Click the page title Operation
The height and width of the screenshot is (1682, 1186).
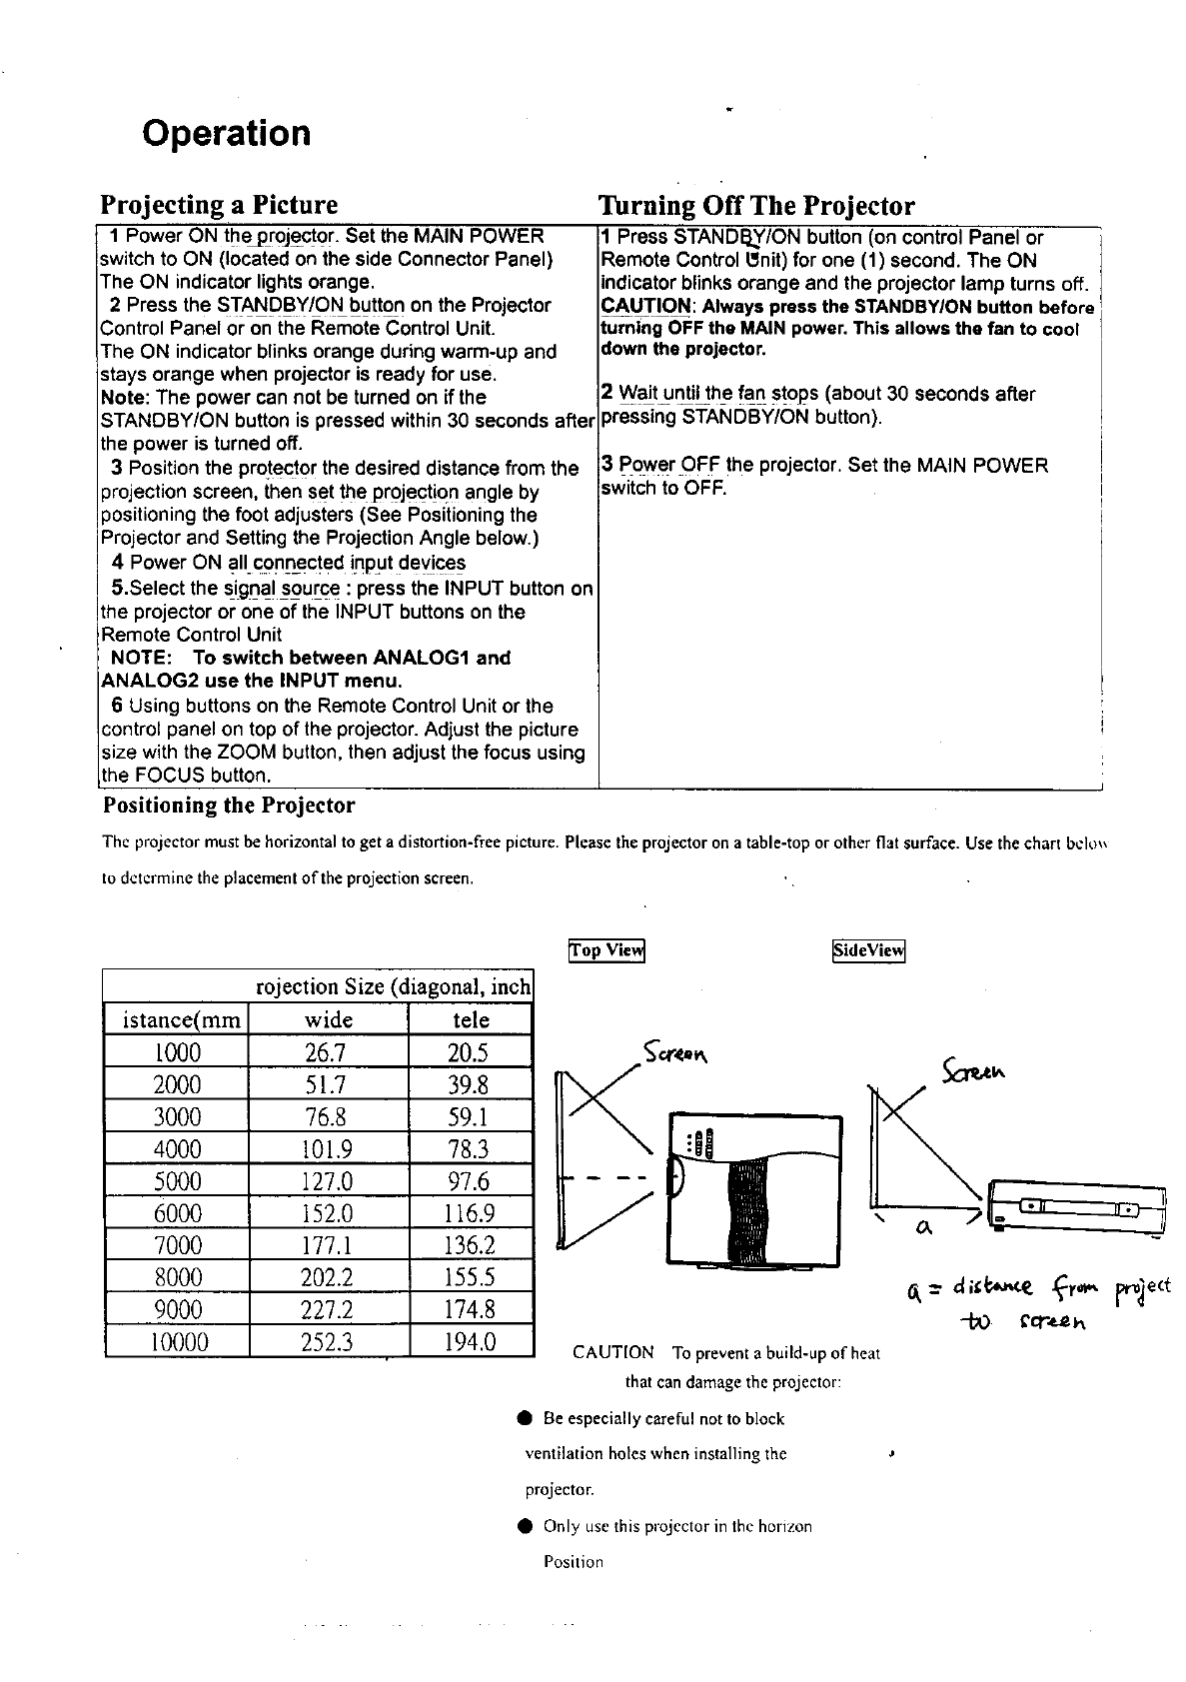point(226,133)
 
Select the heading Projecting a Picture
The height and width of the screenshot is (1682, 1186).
point(219,205)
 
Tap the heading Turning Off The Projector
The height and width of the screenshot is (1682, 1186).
point(755,205)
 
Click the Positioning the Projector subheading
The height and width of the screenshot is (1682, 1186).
point(229,806)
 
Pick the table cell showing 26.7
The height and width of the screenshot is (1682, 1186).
point(329,1052)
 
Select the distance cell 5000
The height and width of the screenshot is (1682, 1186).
point(177,1181)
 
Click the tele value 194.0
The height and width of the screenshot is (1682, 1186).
point(471,1341)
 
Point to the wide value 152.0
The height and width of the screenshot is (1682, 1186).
point(329,1213)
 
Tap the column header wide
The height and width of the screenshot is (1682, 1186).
point(329,1019)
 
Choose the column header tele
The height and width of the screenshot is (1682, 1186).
point(471,1019)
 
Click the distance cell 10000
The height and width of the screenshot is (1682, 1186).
point(177,1341)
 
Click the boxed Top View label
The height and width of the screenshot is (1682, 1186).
point(606,950)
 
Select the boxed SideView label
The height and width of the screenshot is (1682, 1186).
point(868,950)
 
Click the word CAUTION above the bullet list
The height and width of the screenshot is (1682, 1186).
point(613,1353)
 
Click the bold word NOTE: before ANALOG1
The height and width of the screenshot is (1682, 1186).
point(141,659)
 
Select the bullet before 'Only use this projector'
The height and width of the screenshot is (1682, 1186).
point(524,1527)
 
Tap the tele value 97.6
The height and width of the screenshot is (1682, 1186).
point(471,1181)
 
